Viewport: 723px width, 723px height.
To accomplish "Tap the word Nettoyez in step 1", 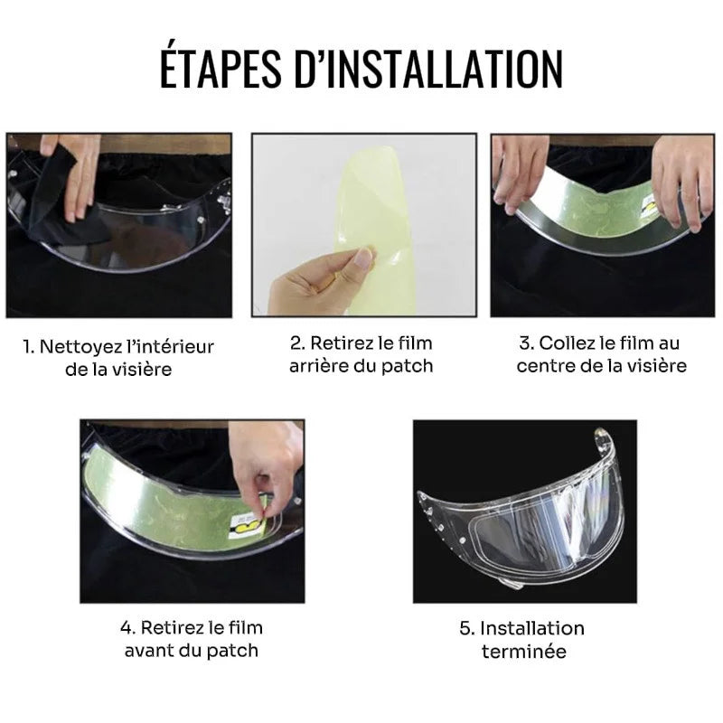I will point(87,347).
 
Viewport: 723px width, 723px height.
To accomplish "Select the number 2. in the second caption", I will point(297,343).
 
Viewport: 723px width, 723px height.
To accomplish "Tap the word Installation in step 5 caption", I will point(532,628).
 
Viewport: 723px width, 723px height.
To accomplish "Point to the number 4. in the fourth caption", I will point(127,628).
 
